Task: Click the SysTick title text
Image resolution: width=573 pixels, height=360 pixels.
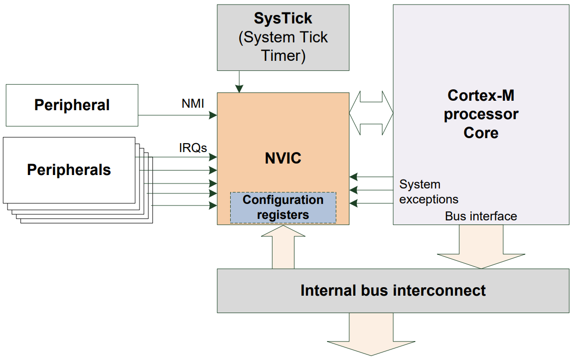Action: [283, 18]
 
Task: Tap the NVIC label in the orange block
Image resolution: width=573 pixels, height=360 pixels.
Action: [283, 159]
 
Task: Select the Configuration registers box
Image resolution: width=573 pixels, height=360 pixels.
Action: [283, 207]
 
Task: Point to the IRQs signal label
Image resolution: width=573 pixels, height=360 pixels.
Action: [193, 148]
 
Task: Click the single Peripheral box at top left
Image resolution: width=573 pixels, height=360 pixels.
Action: [72, 105]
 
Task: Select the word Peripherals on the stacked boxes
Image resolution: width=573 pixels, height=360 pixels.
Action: [69, 170]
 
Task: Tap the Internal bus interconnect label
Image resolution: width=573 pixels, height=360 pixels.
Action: [393, 290]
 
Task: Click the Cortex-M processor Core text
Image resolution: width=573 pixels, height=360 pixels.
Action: [481, 114]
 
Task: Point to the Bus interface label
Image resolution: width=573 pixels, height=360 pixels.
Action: [481, 216]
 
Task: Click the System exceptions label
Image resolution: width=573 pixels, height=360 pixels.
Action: [429, 192]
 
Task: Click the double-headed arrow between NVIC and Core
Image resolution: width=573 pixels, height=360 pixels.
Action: [371, 113]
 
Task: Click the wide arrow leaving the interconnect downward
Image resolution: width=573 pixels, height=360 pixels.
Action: [371, 335]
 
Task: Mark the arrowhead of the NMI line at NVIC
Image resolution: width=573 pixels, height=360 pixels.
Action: [213, 115]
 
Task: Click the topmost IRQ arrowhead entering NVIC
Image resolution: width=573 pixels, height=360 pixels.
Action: [213, 158]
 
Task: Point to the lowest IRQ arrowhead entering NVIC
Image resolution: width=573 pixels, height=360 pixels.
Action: [213, 205]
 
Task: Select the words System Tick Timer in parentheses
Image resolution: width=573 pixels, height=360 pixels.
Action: [283, 46]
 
